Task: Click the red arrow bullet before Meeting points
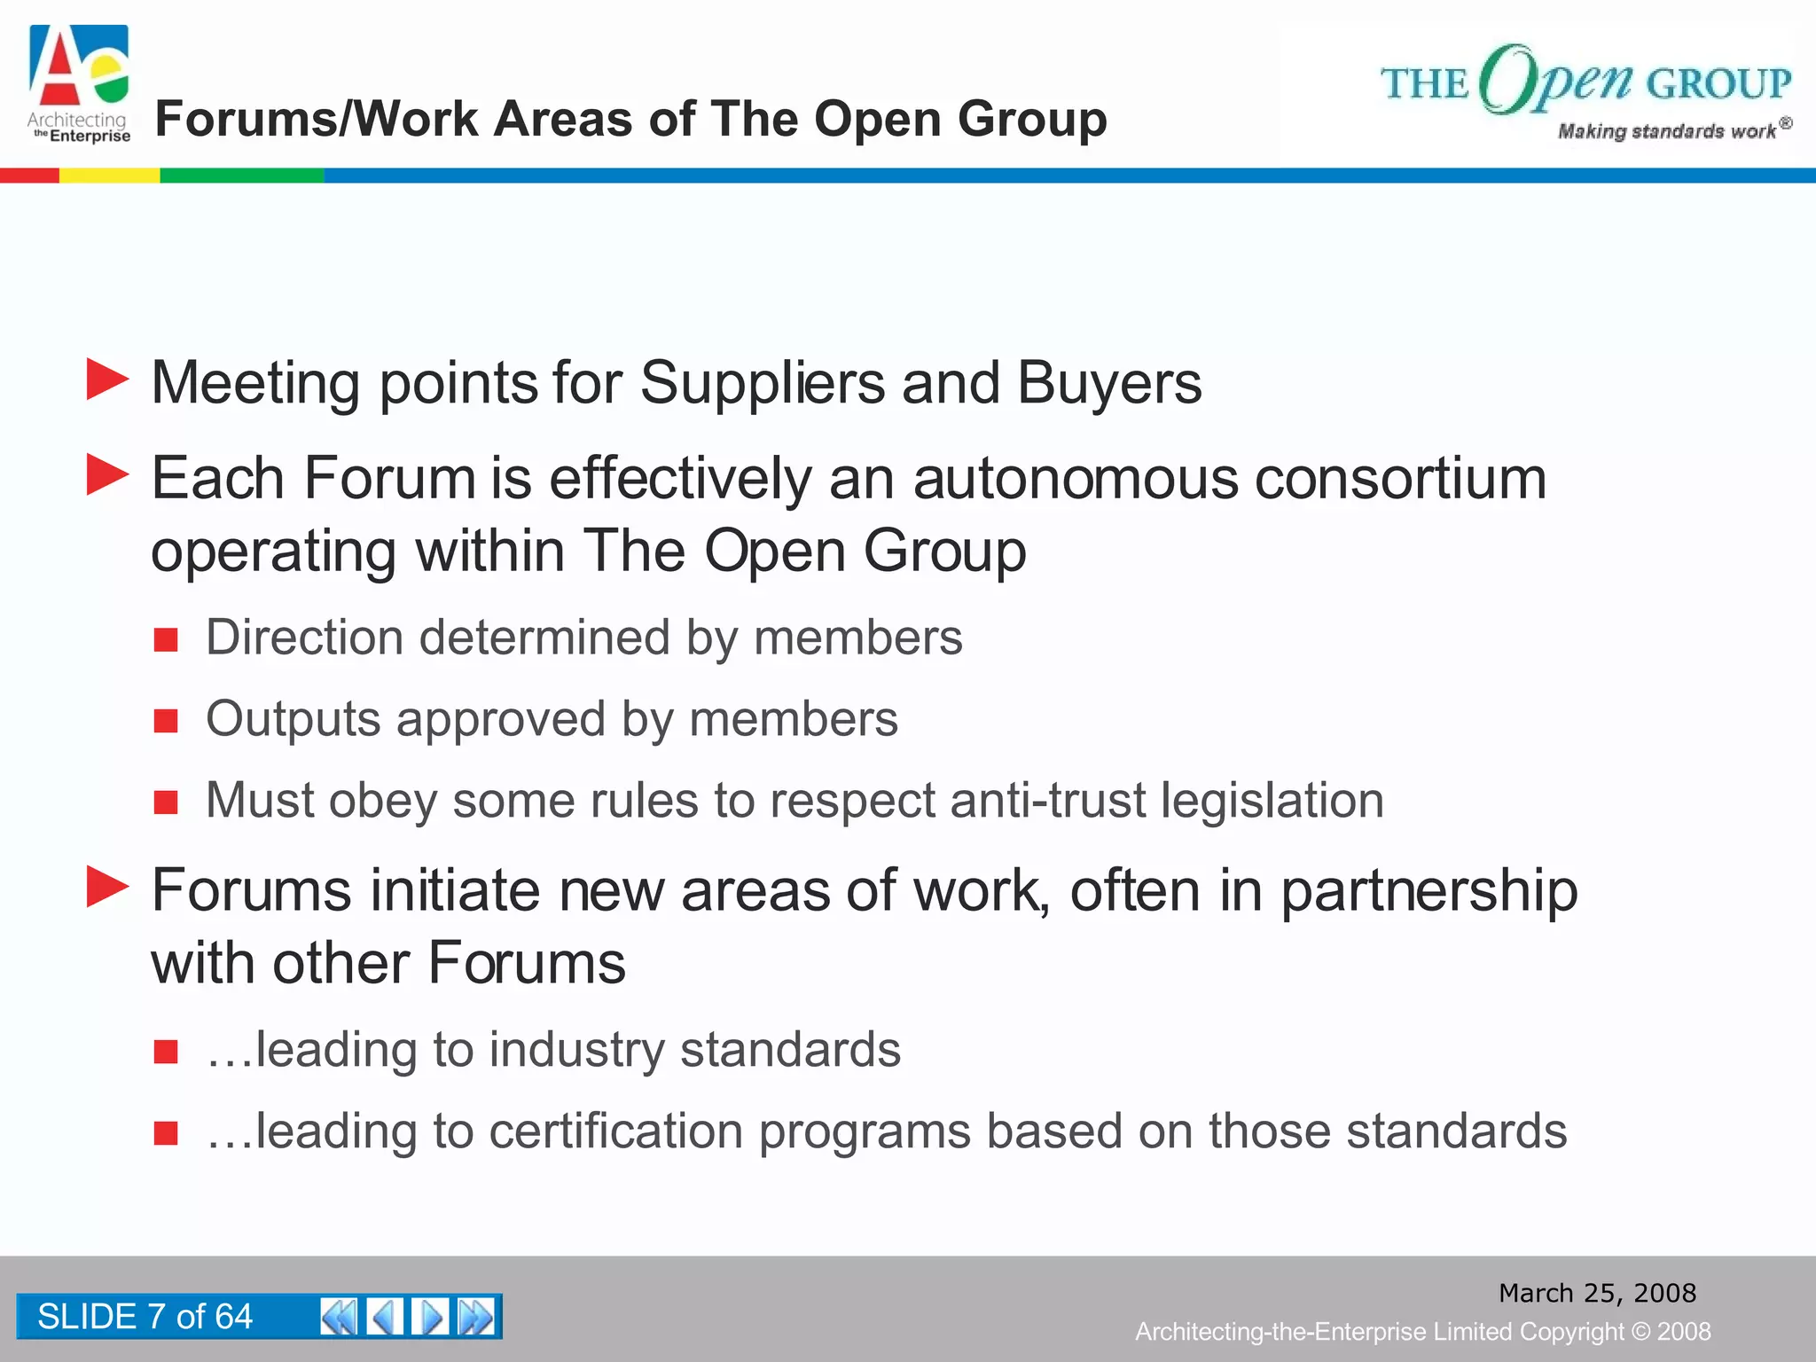click(x=108, y=380)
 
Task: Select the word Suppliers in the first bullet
click(x=762, y=383)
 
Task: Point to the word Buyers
click(x=1109, y=383)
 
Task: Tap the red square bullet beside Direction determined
click(x=166, y=639)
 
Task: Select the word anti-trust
click(x=1048, y=800)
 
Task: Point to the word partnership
click(x=1429, y=891)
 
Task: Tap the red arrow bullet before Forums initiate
click(x=108, y=887)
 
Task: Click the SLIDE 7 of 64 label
click(x=145, y=1317)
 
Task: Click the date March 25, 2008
click(x=1597, y=1293)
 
